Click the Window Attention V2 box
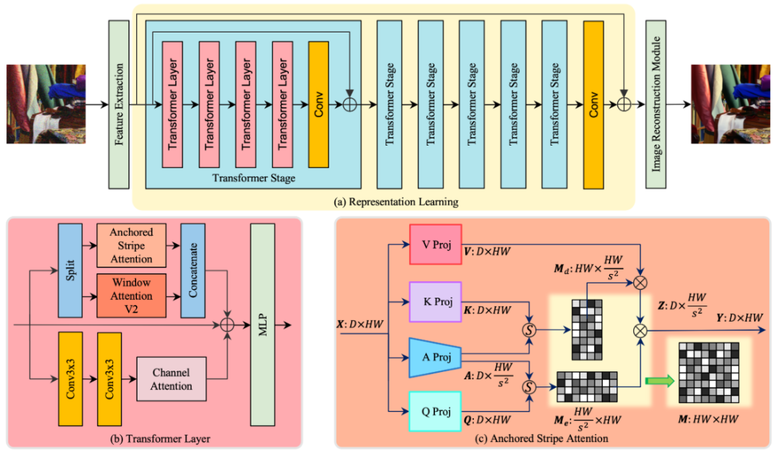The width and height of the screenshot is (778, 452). click(131, 296)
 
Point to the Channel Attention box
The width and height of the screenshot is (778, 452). click(171, 379)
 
